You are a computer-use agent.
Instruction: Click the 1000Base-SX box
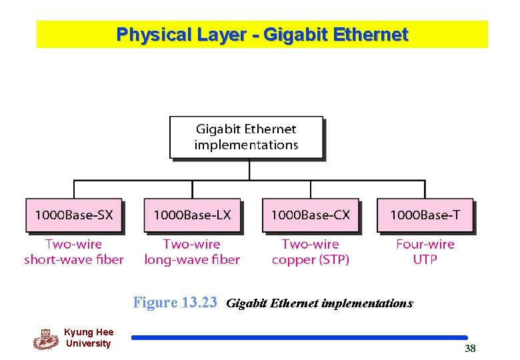coord(74,215)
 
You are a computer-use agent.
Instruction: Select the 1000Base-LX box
coord(192,215)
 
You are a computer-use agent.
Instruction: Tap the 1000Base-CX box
coord(310,215)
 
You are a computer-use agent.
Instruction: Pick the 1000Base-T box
coord(425,215)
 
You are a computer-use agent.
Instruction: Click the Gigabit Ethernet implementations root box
coord(247,137)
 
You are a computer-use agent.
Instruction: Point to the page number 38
coord(470,349)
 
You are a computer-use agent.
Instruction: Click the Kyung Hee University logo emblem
coord(45,339)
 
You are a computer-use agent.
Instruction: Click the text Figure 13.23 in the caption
coord(175,303)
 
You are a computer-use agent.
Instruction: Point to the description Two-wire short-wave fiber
coord(74,252)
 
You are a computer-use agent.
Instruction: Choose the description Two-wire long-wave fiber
coord(192,252)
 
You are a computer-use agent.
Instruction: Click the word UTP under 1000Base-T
coord(425,259)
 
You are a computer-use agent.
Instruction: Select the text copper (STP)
coord(310,259)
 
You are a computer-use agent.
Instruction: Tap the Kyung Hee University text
coord(89,338)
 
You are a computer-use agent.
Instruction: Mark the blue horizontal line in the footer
coord(299,338)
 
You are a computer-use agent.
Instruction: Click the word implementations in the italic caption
coord(367,303)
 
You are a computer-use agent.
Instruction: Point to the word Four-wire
coord(425,244)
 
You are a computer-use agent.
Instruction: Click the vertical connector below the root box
coord(249,169)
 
